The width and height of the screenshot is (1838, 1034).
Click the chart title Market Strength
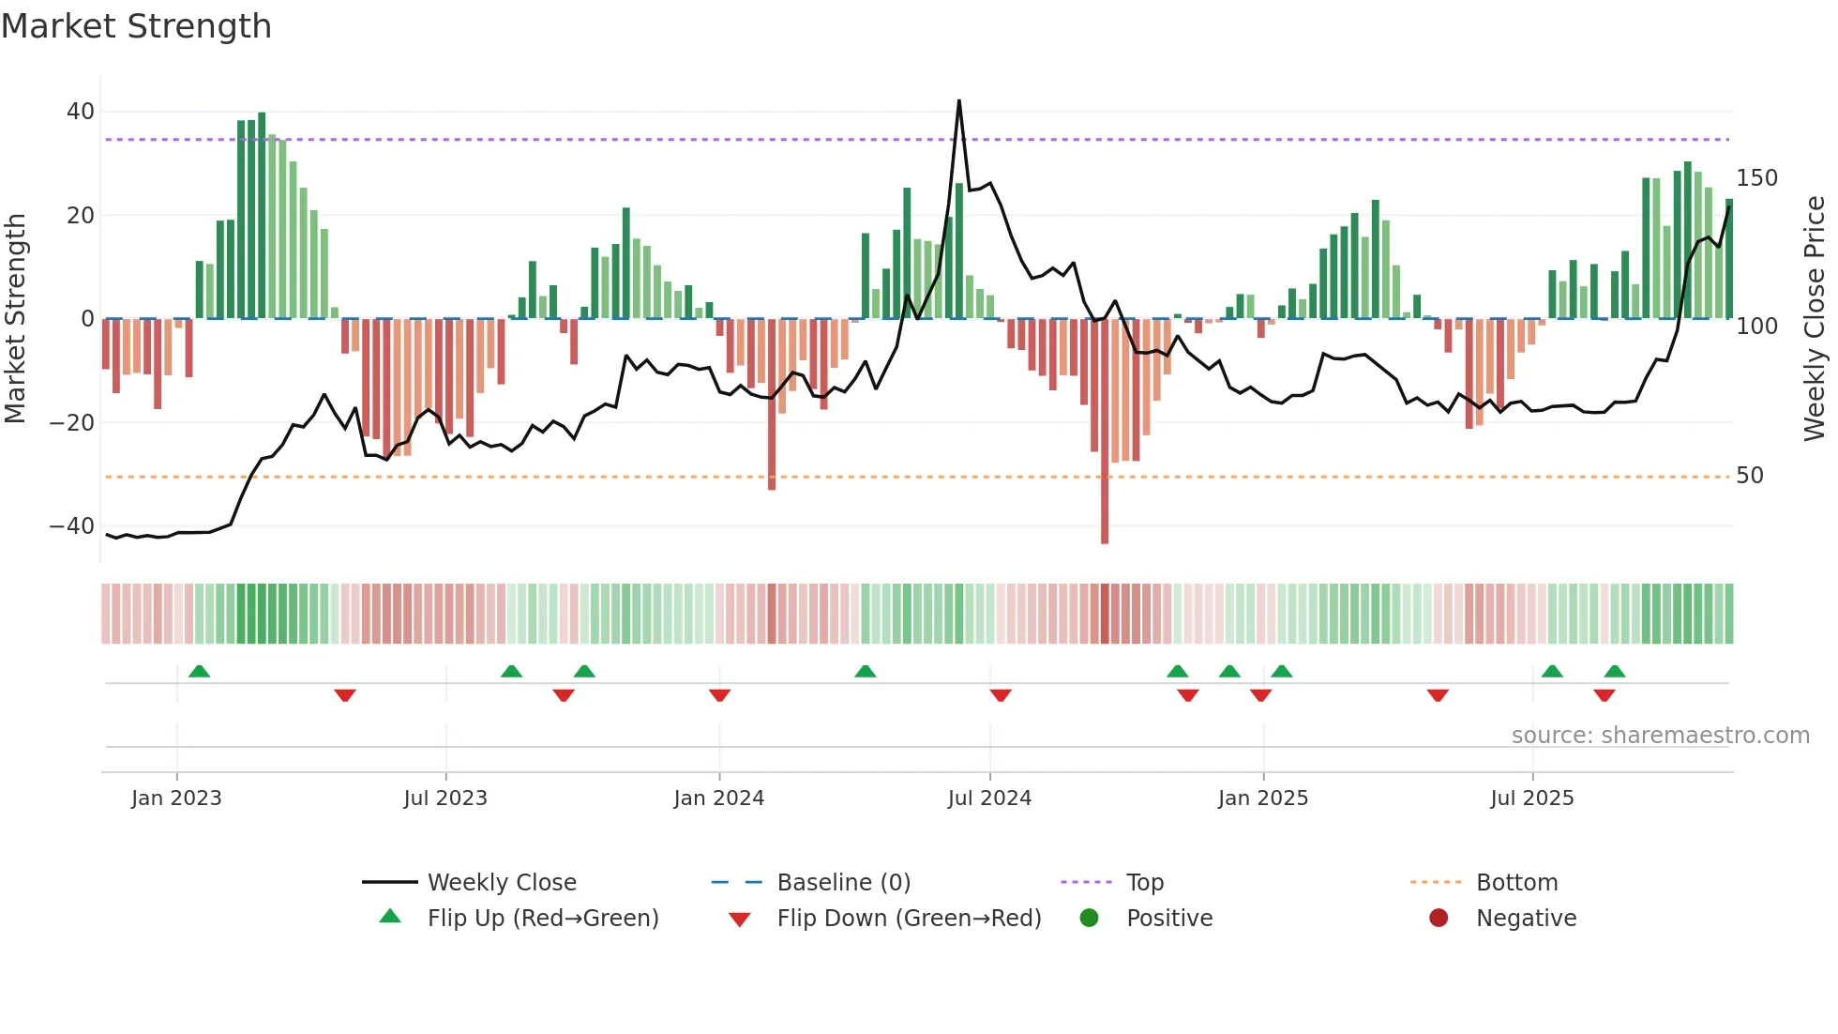(x=137, y=26)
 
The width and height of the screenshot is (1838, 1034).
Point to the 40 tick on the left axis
(x=81, y=112)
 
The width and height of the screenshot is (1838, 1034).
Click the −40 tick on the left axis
(x=72, y=526)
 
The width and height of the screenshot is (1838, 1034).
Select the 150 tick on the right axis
(x=1756, y=178)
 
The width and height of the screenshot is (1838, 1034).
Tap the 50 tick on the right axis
(x=1750, y=476)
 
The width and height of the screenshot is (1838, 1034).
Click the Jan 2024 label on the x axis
(x=718, y=798)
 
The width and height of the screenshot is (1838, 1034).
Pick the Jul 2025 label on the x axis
(x=1531, y=798)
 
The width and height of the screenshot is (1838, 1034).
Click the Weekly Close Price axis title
(x=1815, y=319)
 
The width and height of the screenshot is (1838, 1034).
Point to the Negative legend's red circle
(x=1439, y=919)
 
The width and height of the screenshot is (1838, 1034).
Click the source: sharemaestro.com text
(x=1660, y=736)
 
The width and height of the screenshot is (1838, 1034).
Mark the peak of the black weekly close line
(x=958, y=101)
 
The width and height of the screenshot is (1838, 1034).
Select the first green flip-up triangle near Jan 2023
(x=199, y=671)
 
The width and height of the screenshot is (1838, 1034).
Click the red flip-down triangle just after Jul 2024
(x=1001, y=695)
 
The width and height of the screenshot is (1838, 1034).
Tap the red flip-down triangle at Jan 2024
(x=719, y=695)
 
